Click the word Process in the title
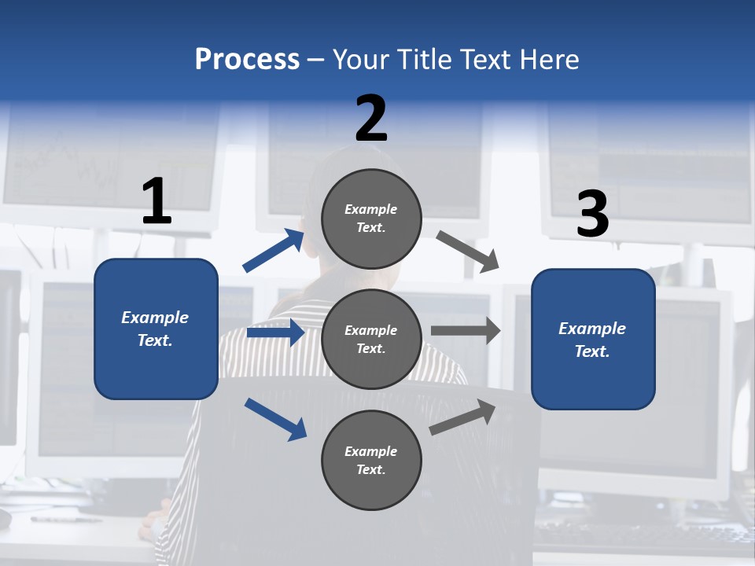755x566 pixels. (x=247, y=60)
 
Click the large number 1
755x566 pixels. (x=157, y=201)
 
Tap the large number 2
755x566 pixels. (x=371, y=119)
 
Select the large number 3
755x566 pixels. (x=592, y=215)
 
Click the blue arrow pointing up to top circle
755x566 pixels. (x=274, y=251)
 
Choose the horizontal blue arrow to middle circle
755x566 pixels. (x=275, y=333)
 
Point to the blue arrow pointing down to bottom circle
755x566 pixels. (x=275, y=419)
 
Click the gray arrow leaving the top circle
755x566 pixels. (x=467, y=251)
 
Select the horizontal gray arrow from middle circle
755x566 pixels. (x=465, y=331)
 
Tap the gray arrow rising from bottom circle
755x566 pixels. (x=462, y=417)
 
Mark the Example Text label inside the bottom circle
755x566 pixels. (x=371, y=461)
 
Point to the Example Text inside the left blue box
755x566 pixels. (x=156, y=329)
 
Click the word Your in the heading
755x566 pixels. (x=360, y=60)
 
